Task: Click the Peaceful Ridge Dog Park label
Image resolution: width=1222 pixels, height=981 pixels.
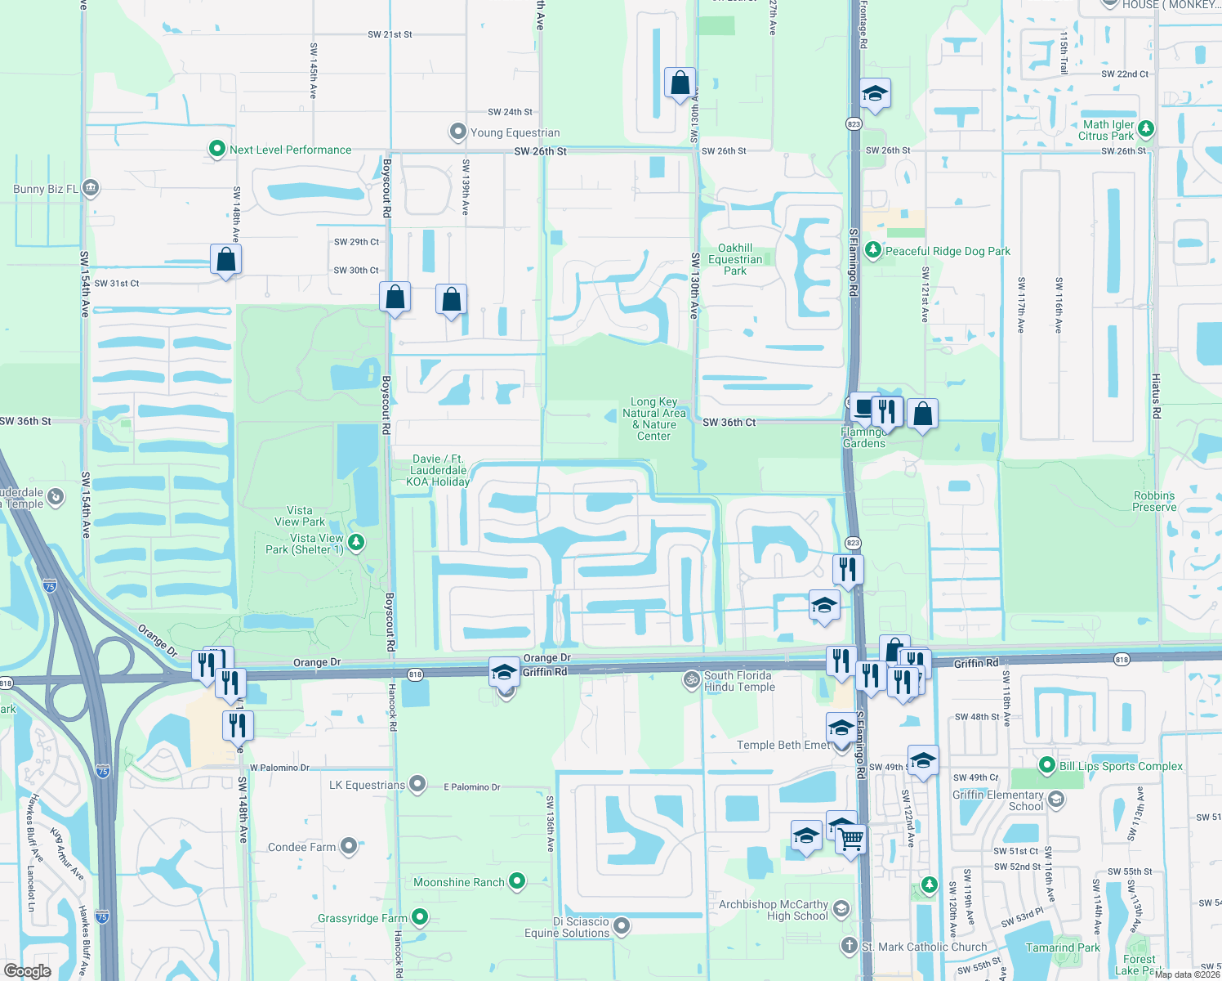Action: click(x=948, y=251)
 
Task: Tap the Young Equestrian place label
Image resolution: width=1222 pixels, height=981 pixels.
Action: click(x=515, y=132)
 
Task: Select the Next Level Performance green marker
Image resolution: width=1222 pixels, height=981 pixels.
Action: click(x=216, y=149)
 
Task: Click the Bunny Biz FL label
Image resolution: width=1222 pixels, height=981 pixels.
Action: click(x=46, y=189)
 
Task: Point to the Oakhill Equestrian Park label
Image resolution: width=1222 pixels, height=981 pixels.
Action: click(x=735, y=259)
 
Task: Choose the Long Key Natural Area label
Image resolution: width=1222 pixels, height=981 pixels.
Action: click(x=653, y=419)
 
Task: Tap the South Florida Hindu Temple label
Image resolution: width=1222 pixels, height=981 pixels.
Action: click(x=738, y=681)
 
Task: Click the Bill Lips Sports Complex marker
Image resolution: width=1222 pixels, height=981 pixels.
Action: click(x=1046, y=765)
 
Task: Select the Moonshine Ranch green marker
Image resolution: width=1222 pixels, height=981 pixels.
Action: click(x=517, y=881)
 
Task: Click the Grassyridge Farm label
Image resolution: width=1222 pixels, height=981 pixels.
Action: click(x=362, y=918)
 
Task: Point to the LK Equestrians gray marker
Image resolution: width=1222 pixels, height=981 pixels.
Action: click(x=417, y=785)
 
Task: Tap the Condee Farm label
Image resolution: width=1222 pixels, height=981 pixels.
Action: click(x=301, y=847)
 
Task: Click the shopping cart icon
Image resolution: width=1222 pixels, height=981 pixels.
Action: click(x=851, y=840)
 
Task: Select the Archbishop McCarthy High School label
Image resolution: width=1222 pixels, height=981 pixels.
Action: click(x=774, y=910)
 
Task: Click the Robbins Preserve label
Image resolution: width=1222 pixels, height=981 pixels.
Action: click(x=1154, y=501)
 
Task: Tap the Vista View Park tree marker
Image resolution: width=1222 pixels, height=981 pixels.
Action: click(x=356, y=541)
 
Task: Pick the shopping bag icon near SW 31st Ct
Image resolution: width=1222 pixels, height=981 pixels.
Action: click(x=225, y=260)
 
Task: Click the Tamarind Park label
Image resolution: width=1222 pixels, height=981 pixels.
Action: click(x=1063, y=947)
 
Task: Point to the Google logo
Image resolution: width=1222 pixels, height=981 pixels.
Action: click(x=27, y=971)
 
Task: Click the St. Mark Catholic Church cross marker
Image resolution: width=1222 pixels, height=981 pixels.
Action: click(x=850, y=946)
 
